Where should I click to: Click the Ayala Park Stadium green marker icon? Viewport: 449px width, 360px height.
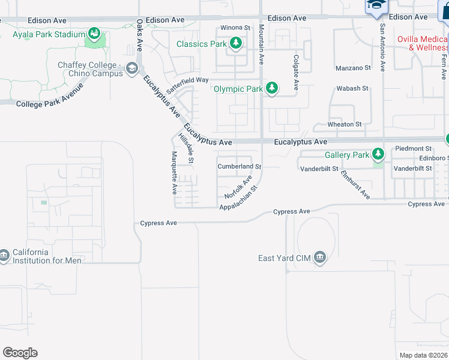[94, 34]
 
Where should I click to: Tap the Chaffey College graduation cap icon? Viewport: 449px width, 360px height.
[131, 69]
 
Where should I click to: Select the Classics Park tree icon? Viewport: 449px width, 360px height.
[236, 43]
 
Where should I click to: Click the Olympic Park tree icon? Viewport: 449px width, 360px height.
[272, 89]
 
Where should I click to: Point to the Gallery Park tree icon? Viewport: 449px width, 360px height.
[378, 155]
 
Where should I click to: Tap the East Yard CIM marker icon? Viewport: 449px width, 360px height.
[319, 258]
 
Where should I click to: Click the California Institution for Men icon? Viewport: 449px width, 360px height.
[4, 256]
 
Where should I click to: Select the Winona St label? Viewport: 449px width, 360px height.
[235, 28]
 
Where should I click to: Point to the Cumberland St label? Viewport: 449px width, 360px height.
[240, 166]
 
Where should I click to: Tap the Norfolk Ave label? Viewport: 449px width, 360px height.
[238, 188]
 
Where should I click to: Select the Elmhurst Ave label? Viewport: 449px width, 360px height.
[355, 184]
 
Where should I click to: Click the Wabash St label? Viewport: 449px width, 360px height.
[352, 88]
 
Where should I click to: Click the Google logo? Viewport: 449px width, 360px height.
[20, 353]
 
